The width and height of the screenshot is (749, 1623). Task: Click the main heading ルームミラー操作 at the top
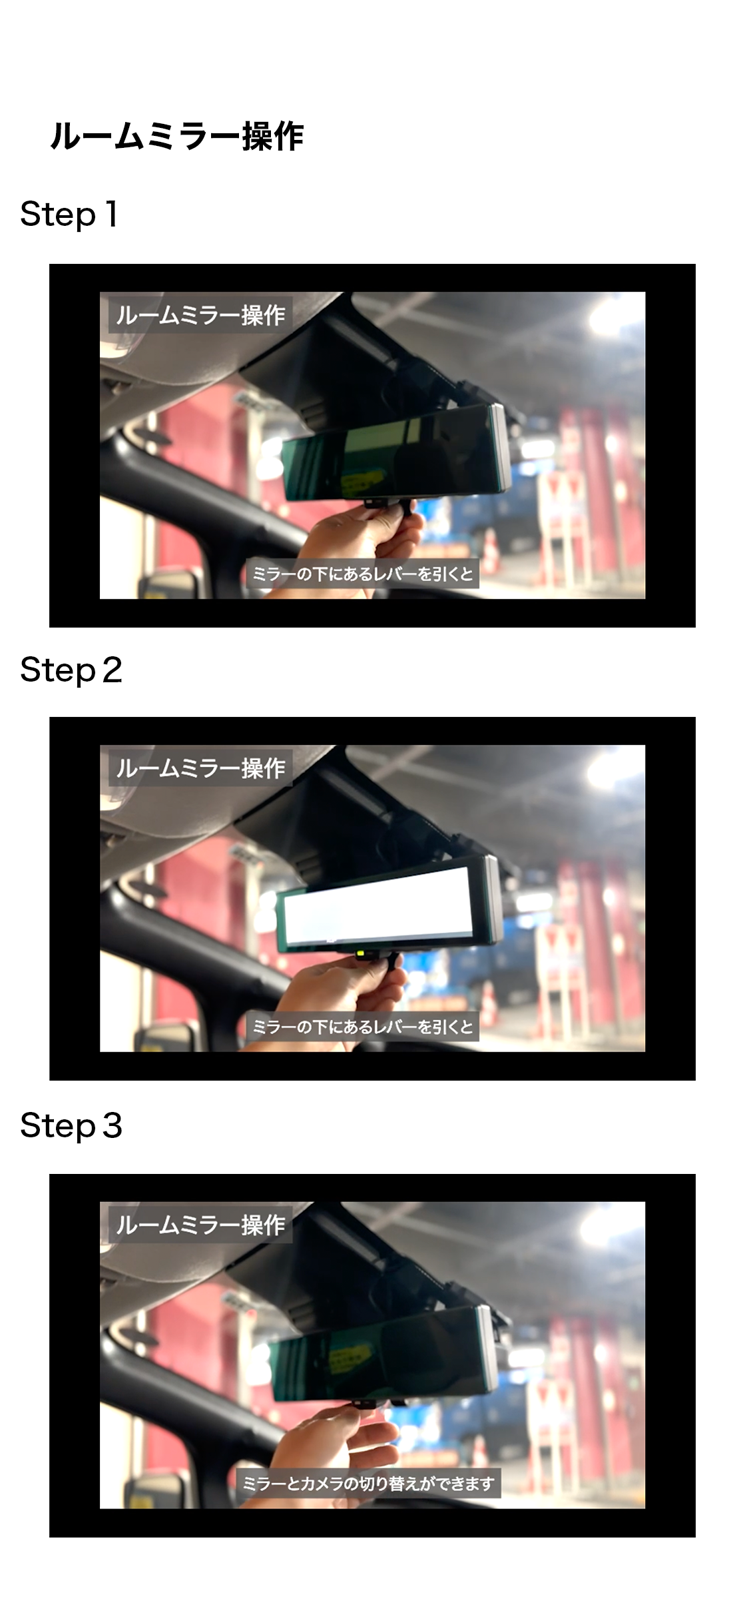click(176, 137)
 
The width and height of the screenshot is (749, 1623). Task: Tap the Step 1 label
click(69, 215)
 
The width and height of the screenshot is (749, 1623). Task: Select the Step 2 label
click(71, 670)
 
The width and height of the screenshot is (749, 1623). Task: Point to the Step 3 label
click(71, 1126)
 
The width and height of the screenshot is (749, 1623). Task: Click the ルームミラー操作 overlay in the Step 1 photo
click(200, 314)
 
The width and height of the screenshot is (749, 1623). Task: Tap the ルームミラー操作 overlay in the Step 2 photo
click(200, 768)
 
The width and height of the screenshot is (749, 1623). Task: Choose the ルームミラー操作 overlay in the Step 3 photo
click(200, 1225)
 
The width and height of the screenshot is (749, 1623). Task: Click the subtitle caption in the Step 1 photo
click(363, 573)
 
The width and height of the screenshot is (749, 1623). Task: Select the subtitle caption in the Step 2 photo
click(363, 1026)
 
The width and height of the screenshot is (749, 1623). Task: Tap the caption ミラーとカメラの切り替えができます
click(368, 1483)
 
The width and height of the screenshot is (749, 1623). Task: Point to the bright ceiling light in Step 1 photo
click(606, 318)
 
